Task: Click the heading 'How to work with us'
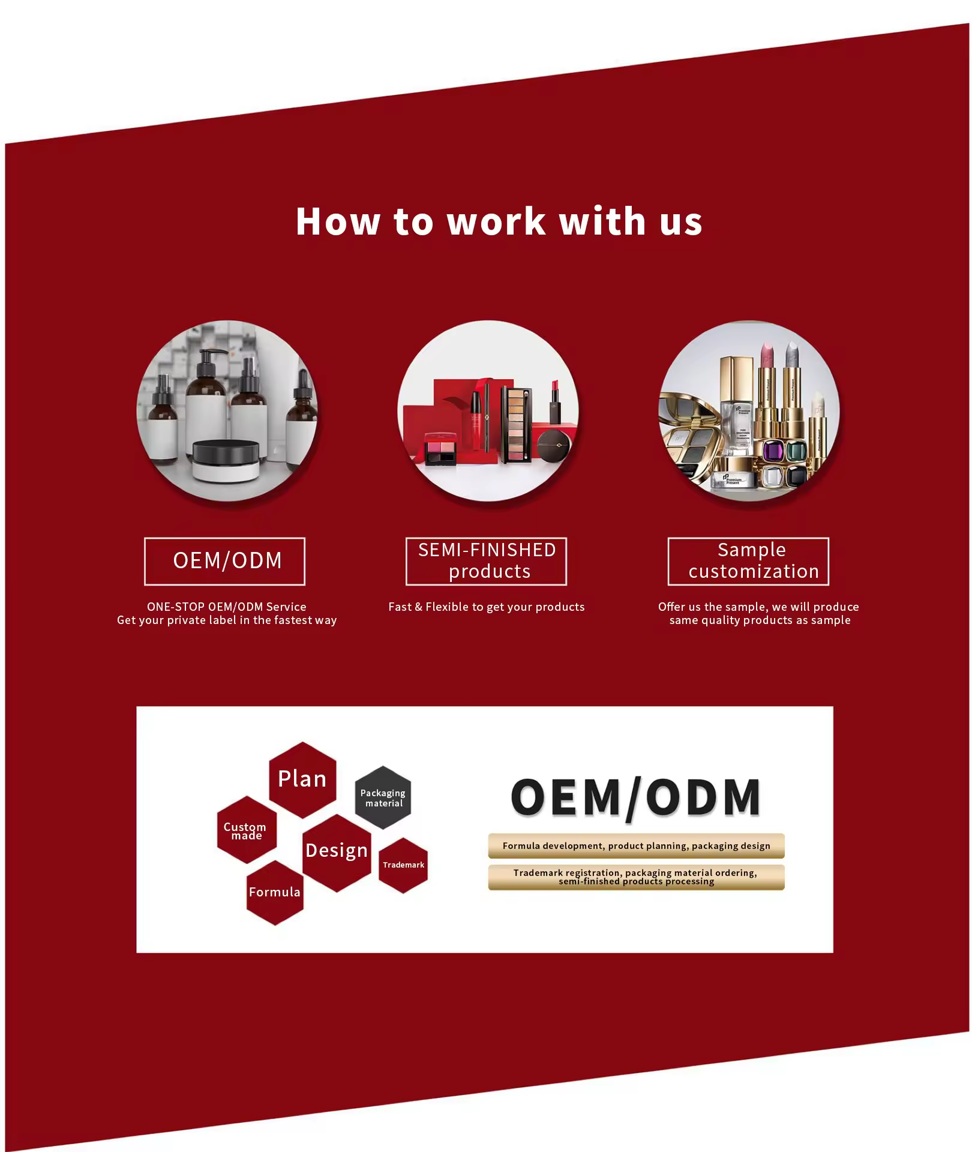pyautogui.click(x=499, y=221)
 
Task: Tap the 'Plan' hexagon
pyautogui.click(x=302, y=779)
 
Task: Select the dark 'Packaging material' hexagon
pyautogui.click(x=383, y=797)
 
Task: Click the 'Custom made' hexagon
pyautogui.click(x=246, y=830)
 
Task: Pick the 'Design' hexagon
pyautogui.click(x=337, y=851)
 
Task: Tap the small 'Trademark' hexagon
pyautogui.click(x=403, y=865)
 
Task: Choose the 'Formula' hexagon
pyautogui.click(x=275, y=892)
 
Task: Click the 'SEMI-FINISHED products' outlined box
pyautogui.click(x=486, y=561)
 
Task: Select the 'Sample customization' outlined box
pyautogui.click(x=748, y=561)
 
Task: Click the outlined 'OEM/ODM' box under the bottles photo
pyautogui.click(x=225, y=561)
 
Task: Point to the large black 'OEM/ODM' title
pyautogui.click(x=636, y=797)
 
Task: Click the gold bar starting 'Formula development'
pyautogui.click(x=636, y=845)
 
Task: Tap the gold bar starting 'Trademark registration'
pyautogui.click(x=636, y=877)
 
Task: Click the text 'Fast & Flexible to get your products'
pyautogui.click(x=486, y=607)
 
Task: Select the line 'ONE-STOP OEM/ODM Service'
pyautogui.click(x=227, y=607)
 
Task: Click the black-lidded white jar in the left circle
pyautogui.click(x=226, y=460)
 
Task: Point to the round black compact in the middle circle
pyautogui.click(x=553, y=445)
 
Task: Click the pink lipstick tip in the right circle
pyautogui.click(x=767, y=354)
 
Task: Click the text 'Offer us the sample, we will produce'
pyautogui.click(x=758, y=607)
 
